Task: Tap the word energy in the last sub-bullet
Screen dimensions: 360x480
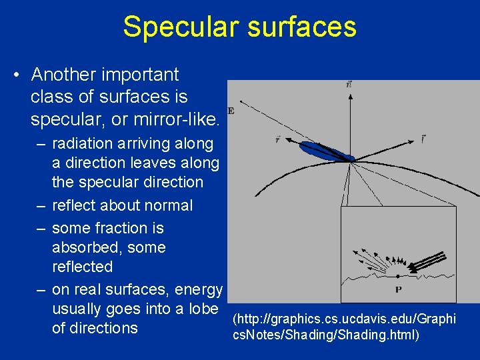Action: [x=199, y=289]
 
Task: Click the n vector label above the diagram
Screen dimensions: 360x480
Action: [x=349, y=85]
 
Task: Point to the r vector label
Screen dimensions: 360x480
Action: [x=277, y=139]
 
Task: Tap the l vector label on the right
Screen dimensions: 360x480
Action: [x=423, y=139]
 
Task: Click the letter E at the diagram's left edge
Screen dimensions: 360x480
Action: [x=231, y=111]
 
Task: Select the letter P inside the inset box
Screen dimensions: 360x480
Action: [x=398, y=289]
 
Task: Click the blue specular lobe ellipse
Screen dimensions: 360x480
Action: [x=324, y=151]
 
